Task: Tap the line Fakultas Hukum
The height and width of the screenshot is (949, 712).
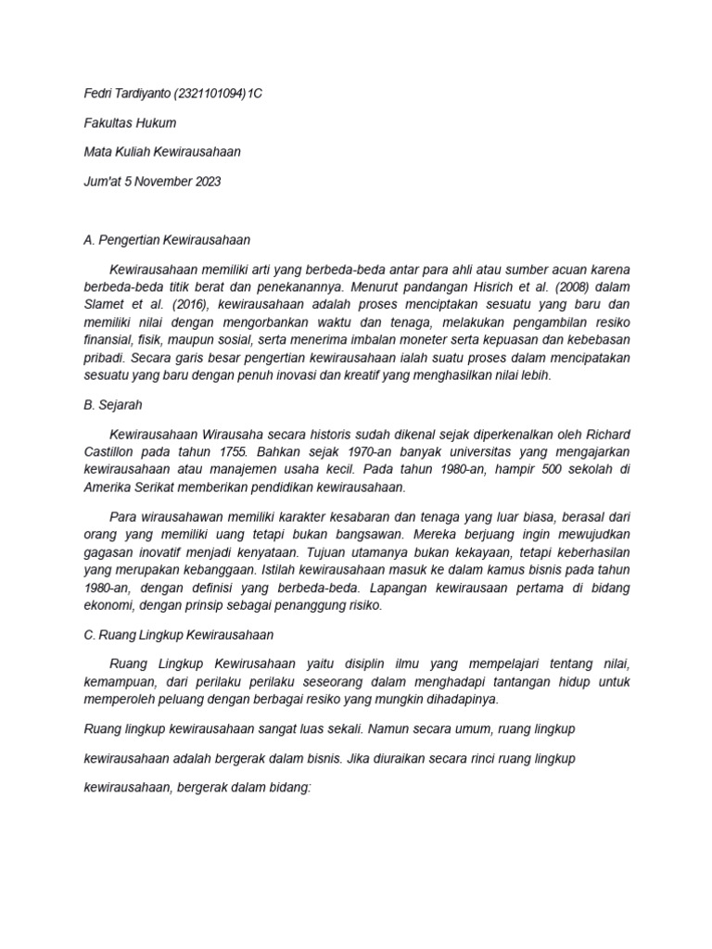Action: coord(130,123)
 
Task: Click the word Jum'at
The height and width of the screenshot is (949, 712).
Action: coord(103,181)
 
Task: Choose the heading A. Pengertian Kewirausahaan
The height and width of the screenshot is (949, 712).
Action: coord(167,239)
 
